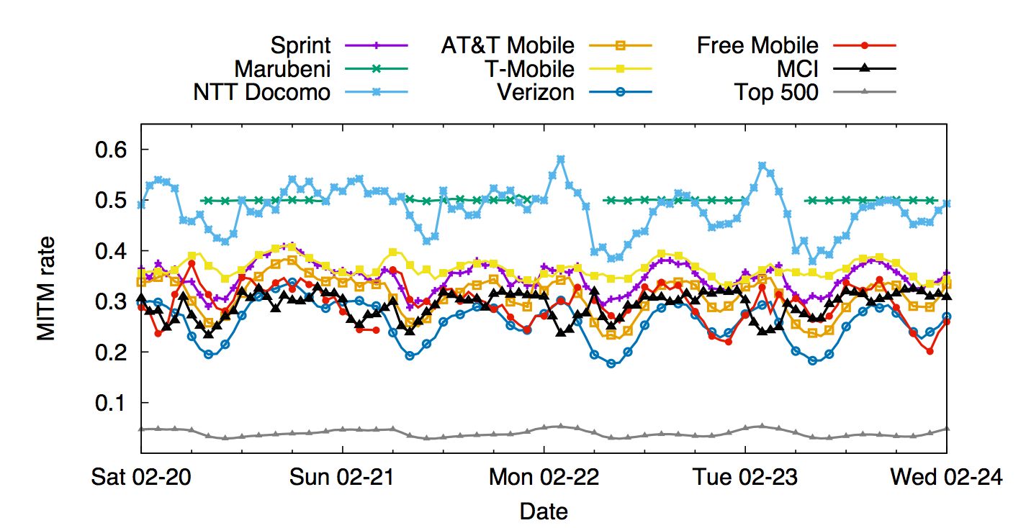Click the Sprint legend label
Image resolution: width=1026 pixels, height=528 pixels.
[300, 45]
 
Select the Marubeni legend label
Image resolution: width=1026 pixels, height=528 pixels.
[282, 69]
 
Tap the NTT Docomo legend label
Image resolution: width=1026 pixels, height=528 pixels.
[261, 92]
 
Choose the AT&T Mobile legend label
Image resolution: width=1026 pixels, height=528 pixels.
[508, 45]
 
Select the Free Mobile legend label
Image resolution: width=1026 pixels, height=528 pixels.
[757, 45]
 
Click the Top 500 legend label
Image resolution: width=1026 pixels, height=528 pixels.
[776, 92]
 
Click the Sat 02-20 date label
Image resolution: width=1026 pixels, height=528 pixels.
[141, 477]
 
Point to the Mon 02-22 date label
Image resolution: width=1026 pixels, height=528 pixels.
[543, 477]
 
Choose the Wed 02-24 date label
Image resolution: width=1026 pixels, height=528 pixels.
[946, 477]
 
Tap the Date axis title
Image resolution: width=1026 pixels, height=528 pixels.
[543, 511]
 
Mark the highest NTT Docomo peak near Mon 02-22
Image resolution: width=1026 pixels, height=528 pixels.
[560, 159]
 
